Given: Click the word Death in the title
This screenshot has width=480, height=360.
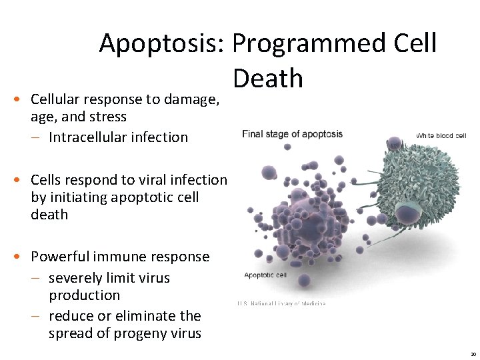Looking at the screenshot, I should click(x=268, y=79).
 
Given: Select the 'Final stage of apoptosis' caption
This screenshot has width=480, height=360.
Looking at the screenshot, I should click(x=292, y=134).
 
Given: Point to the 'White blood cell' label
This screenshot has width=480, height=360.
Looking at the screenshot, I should click(x=441, y=135).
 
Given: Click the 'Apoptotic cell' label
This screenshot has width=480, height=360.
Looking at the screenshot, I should click(x=265, y=275).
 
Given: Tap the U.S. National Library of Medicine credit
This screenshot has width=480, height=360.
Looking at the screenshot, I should click(x=281, y=304).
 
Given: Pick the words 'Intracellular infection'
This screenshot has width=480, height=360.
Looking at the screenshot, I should click(x=118, y=137).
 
